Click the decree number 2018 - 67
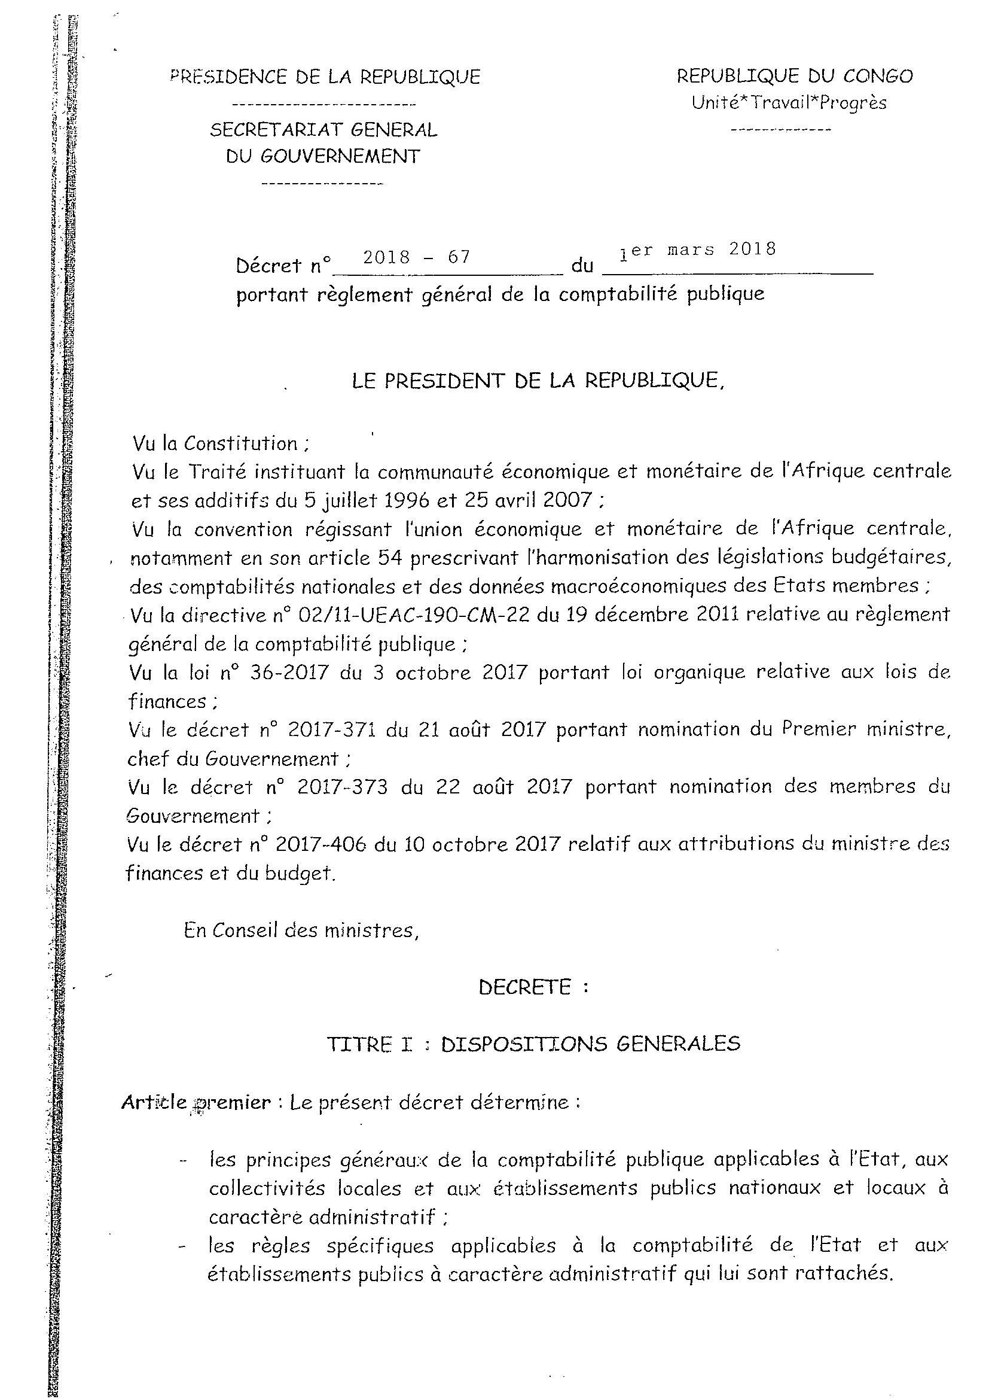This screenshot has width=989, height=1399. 417,257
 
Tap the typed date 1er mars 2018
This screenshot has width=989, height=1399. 697,251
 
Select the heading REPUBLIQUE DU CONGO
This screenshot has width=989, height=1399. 795,76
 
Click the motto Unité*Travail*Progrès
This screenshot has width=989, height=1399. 789,103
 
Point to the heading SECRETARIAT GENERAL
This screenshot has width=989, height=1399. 323,130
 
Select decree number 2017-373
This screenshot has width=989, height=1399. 342,787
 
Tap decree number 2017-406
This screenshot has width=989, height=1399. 321,844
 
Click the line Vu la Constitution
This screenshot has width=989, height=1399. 221,443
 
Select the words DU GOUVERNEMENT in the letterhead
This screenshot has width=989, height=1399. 323,157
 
